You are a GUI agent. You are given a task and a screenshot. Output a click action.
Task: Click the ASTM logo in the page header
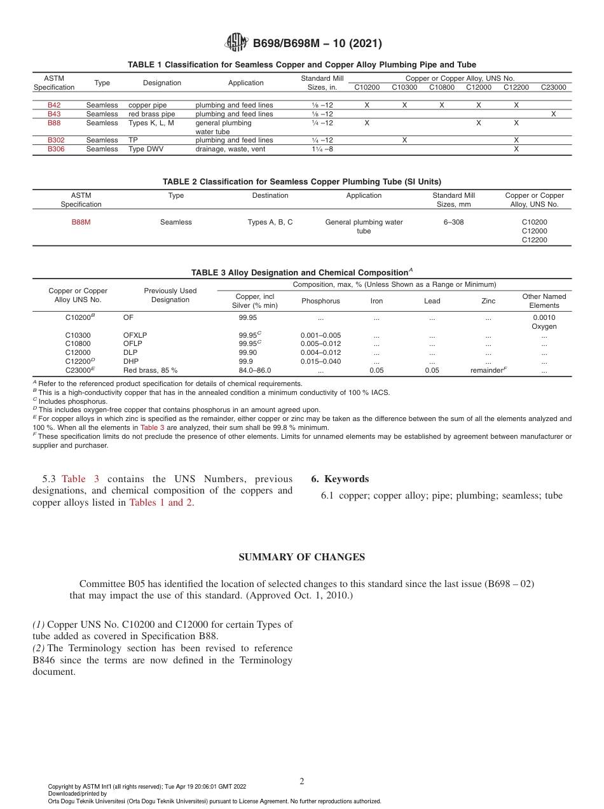point(235,43)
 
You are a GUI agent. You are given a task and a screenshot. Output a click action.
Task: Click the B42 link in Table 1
point(54,105)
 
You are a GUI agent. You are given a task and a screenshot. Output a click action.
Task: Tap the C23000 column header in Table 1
point(553,87)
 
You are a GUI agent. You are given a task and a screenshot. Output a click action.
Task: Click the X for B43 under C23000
point(553,114)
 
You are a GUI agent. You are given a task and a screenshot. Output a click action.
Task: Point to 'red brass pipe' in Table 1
point(151,114)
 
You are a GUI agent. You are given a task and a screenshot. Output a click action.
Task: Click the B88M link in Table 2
point(81,222)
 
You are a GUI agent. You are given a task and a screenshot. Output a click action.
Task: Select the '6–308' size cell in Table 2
point(453,222)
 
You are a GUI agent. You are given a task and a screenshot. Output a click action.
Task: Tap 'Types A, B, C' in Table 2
point(270,222)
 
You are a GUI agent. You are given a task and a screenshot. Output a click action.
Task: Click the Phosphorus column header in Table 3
point(320,301)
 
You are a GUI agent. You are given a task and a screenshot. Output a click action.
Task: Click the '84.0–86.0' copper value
point(254,370)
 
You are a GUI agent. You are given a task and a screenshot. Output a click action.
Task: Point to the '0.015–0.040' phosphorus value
point(320,361)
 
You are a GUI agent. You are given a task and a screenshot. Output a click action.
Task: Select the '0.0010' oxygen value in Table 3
point(544,317)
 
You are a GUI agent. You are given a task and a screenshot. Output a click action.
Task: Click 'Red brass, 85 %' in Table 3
point(150,370)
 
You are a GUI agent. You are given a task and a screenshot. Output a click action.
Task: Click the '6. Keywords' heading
point(340,479)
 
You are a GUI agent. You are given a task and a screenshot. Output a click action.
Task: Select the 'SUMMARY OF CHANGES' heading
point(301,557)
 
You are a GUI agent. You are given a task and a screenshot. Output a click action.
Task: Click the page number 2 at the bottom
point(302,781)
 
